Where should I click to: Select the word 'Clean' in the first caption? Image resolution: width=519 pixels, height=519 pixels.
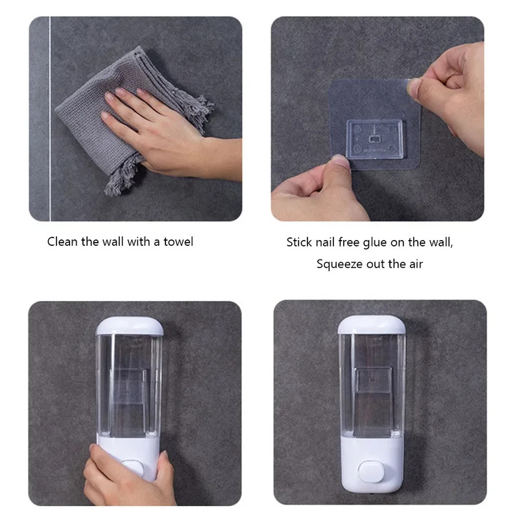62,242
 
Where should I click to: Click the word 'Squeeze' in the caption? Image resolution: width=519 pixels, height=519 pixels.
337,264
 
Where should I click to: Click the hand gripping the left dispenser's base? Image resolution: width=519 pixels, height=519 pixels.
123,477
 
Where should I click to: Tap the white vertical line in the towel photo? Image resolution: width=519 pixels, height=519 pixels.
49,117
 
